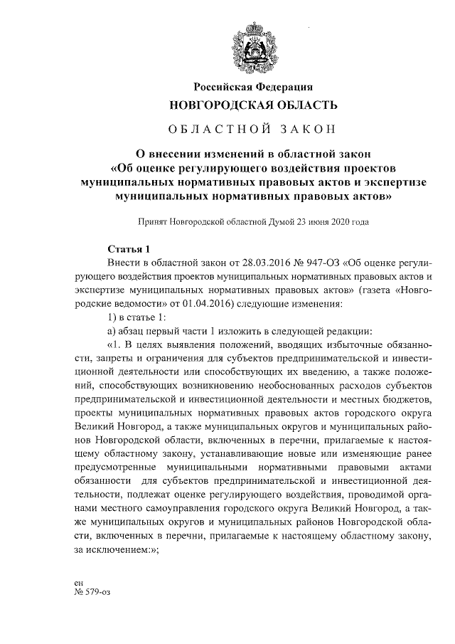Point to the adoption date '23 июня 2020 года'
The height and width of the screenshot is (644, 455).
point(336,221)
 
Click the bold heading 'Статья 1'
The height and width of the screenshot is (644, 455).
point(128,249)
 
